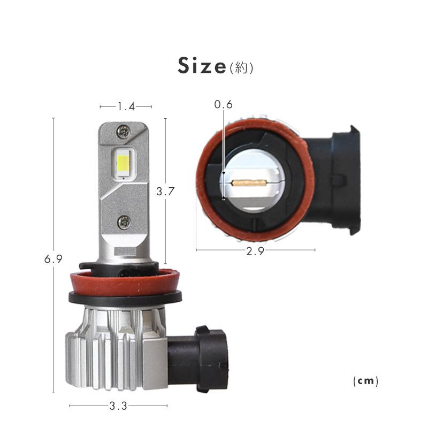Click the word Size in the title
click(202, 65)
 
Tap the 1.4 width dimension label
click(126, 106)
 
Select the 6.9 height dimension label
click(53, 259)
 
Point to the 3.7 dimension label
click(165, 192)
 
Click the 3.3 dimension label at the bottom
click(118, 406)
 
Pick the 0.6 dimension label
click(223, 104)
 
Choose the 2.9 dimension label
click(255, 251)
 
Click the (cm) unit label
click(366, 381)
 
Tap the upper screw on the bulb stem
click(124, 132)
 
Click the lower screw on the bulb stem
click(124, 222)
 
